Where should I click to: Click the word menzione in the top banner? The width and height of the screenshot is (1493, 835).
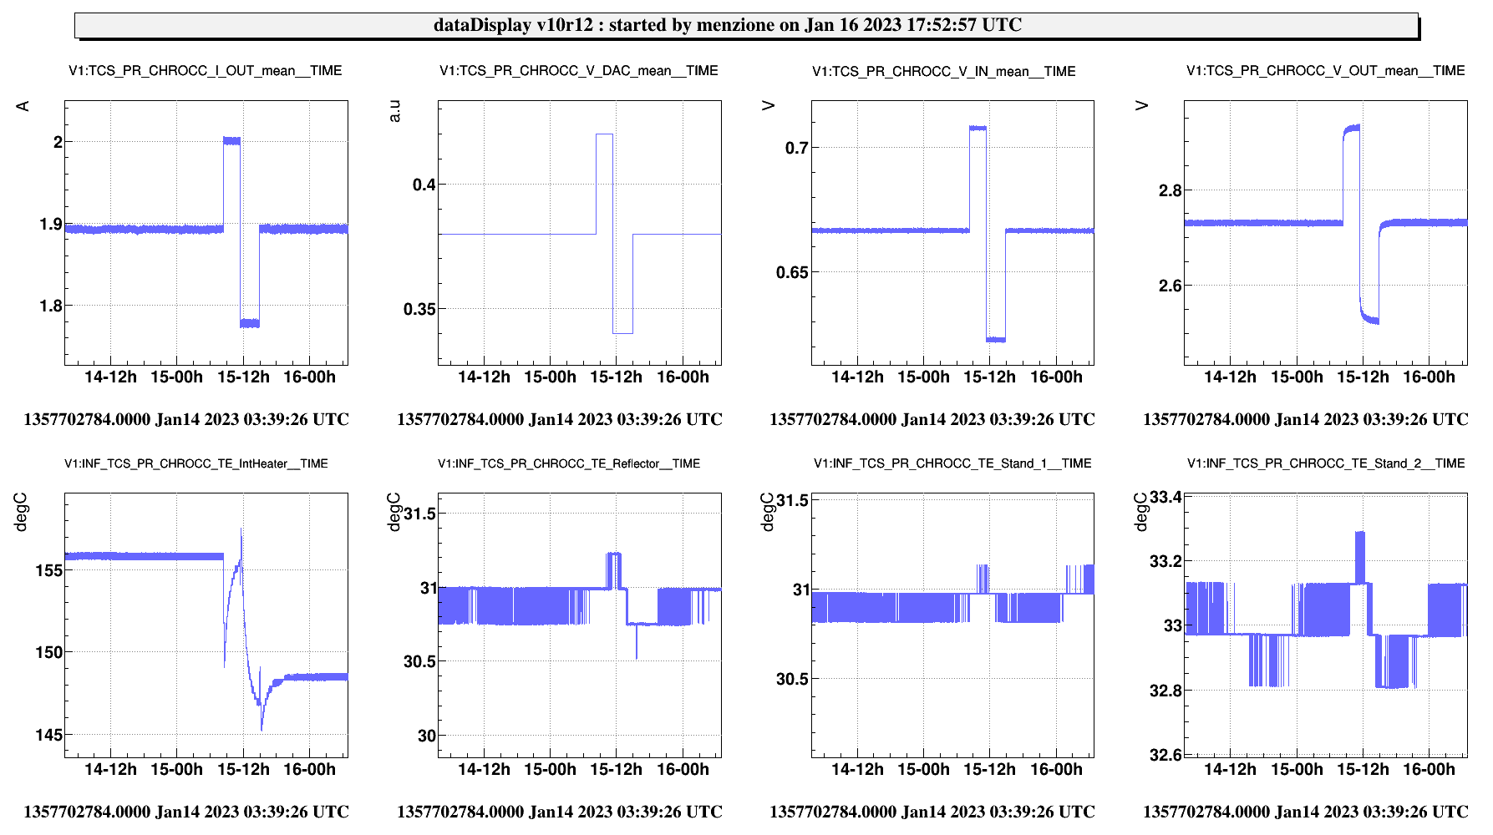[735, 25]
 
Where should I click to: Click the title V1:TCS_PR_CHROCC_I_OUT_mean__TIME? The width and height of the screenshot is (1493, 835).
[205, 71]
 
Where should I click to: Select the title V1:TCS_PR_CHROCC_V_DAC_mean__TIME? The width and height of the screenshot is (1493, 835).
[578, 71]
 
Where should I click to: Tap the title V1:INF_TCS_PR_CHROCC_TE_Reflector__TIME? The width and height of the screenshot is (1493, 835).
[569, 463]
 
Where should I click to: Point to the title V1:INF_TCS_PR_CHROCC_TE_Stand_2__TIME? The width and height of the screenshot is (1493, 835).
[1326, 463]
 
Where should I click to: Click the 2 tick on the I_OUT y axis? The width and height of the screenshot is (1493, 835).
[58, 142]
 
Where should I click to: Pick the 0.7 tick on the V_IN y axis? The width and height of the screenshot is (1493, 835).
[796, 149]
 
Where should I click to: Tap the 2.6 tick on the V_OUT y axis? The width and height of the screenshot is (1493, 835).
[1170, 286]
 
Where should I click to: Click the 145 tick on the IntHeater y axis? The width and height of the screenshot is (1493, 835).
[48, 735]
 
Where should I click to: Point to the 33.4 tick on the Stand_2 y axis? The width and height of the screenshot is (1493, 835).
[1165, 498]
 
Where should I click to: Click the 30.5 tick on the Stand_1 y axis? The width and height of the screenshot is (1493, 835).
[792, 679]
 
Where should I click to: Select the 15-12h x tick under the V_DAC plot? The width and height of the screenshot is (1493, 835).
[616, 377]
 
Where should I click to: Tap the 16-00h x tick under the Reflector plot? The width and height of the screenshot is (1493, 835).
[683, 769]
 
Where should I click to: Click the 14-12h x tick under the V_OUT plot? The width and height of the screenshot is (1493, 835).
[1229, 377]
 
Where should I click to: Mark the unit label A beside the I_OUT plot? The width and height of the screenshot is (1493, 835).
[23, 106]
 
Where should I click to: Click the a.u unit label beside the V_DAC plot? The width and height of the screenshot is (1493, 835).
[395, 111]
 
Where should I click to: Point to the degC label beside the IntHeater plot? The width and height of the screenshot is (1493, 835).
[21, 512]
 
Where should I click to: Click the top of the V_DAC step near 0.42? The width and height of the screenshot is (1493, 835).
[604, 134]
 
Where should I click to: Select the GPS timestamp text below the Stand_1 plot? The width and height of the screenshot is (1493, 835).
[932, 812]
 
